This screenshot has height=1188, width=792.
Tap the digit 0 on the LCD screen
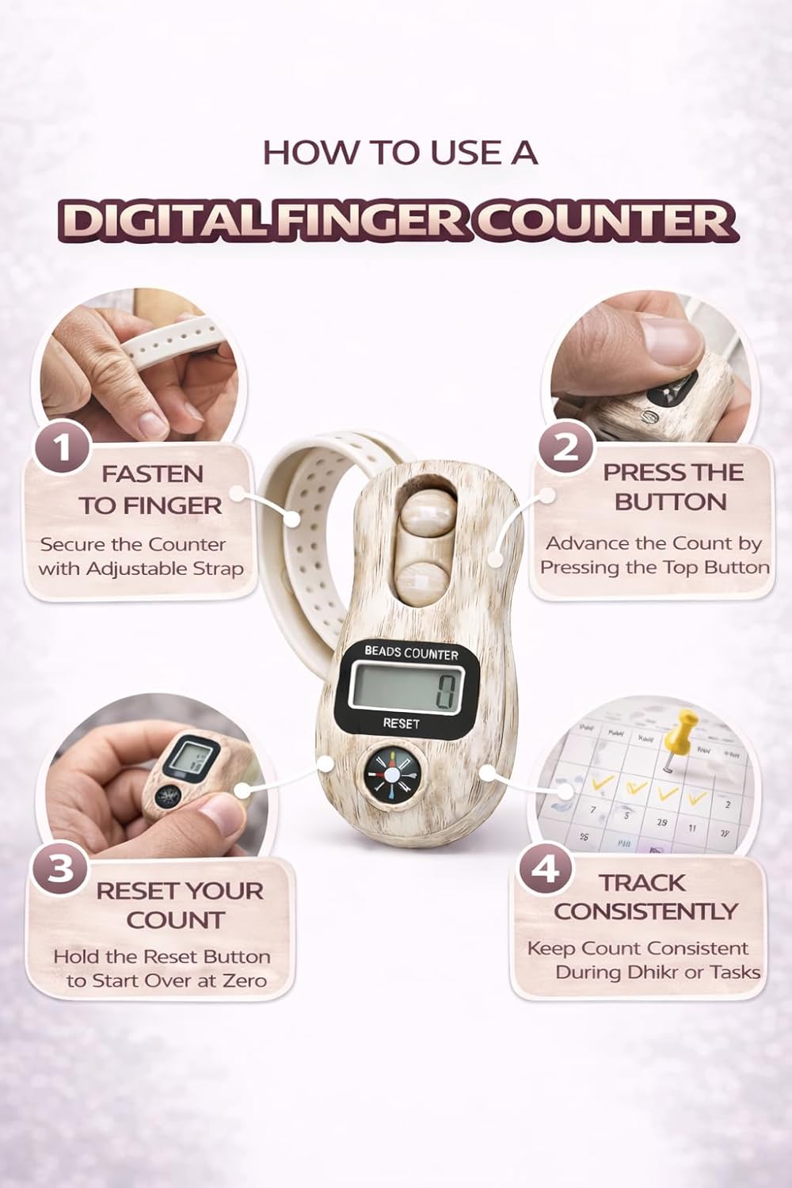445,692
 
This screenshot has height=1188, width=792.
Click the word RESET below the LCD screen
401,723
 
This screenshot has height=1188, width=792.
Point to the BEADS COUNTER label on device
411,653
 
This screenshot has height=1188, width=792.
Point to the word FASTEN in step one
152,474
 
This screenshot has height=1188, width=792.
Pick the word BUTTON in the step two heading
671,502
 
